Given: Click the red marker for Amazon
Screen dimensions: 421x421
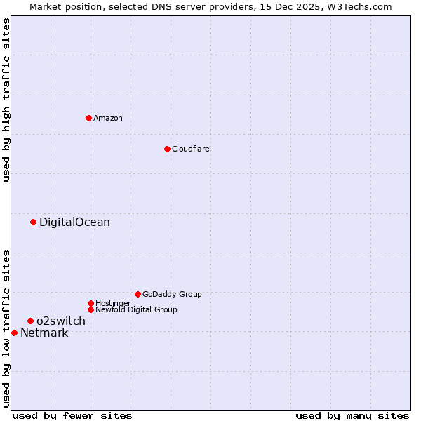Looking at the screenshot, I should point(88,118).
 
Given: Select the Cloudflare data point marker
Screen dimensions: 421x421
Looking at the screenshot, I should point(167,149).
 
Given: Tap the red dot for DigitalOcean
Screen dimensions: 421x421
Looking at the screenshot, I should point(33,222).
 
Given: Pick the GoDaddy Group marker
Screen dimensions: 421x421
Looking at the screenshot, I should point(138,294).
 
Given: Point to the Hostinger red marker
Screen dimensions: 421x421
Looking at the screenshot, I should point(91,303).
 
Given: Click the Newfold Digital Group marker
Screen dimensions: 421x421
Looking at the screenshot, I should point(91,309).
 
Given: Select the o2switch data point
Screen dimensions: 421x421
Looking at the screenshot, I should point(30,321).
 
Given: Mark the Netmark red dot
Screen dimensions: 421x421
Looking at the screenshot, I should point(14,333).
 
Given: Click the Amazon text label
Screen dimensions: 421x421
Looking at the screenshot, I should point(108,118).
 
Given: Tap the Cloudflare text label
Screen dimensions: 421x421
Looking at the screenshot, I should point(191,149).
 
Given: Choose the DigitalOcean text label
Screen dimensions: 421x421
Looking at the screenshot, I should point(74,222).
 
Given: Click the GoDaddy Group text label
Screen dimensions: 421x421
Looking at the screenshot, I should point(172,294).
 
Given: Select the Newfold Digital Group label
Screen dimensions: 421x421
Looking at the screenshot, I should point(136,309).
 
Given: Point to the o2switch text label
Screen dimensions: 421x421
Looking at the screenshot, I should point(61,321).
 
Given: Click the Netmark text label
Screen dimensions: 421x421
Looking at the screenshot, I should point(44,333).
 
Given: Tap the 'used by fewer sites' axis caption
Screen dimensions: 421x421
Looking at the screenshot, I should point(72,416).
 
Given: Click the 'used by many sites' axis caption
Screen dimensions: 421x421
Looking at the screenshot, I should point(352,416).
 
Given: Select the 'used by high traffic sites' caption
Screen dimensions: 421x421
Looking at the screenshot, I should point(7,100).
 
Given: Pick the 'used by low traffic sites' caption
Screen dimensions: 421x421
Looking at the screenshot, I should point(7,328).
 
